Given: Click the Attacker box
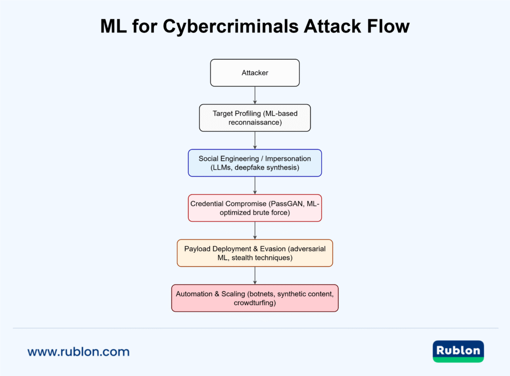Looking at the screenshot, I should point(255,73).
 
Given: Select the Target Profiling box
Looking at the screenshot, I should point(255,118).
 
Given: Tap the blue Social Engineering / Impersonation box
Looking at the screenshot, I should point(255,163).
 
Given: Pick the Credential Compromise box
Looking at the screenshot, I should point(255,207).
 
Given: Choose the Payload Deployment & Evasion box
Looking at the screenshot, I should point(255,253).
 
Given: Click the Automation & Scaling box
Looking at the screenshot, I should point(255,298).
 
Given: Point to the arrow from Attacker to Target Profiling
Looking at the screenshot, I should point(255,95).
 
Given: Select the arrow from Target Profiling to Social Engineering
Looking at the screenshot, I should point(255,140).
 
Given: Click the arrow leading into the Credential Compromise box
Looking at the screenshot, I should point(255,185).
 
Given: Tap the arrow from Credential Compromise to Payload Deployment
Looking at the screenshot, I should point(255,230).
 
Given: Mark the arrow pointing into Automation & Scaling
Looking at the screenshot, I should point(255,275).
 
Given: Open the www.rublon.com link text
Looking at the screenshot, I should point(78,352).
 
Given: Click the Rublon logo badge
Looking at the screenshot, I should point(458,351).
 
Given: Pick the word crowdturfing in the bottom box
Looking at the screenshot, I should point(255,303).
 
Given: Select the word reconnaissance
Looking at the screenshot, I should point(255,122).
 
